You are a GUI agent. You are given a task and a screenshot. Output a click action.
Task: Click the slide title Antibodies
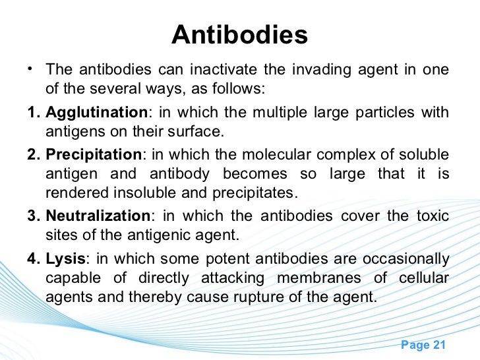pos(239,36)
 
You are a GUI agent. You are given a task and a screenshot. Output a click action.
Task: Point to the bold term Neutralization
pos(98,216)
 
